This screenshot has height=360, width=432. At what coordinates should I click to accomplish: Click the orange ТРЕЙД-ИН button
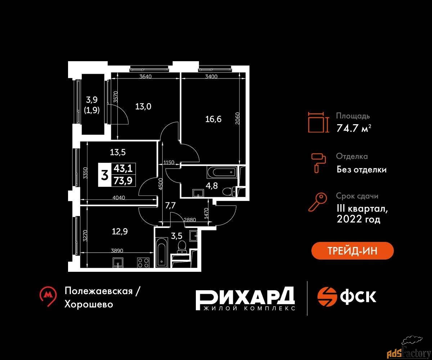tap(352, 251)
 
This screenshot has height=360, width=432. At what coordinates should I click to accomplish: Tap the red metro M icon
tap(48, 296)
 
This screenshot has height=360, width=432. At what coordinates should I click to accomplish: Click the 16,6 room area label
tap(213, 119)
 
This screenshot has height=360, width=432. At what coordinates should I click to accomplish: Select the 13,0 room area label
tap(143, 107)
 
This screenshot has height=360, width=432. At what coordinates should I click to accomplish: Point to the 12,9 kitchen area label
tap(120, 231)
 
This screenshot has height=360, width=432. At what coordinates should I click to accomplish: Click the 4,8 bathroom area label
tap(212, 186)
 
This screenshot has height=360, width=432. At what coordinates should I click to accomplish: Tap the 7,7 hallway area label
tap(170, 206)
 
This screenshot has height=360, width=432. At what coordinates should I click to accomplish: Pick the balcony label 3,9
tap(92, 100)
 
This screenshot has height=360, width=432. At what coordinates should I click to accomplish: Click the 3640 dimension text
tap(145, 77)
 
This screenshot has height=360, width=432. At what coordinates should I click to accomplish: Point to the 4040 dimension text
tap(118, 198)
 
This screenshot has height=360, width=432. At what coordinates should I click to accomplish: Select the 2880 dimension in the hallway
tap(190, 220)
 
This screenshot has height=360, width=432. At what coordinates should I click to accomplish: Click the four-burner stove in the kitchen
tap(143, 262)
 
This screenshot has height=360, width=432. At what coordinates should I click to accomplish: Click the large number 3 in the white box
tap(105, 175)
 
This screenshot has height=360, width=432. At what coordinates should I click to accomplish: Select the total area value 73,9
tap(123, 181)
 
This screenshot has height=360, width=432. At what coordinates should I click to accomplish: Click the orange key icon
tap(318, 202)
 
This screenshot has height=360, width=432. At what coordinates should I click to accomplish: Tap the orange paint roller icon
tap(319, 163)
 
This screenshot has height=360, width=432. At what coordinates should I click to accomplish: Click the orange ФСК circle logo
tap(327, 297)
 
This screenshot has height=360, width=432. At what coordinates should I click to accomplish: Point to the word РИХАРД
tap(246, 296)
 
